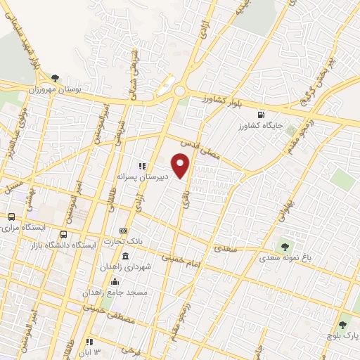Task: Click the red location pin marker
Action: tap(181, 166)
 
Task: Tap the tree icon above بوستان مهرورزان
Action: tap(56, 79)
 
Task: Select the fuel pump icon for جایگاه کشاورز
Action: tap(262, 115)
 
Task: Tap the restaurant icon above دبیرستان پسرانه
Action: tap(142, 167)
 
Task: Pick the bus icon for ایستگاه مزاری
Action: tap(11, 217)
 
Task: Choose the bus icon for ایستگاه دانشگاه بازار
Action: tap(64, 234)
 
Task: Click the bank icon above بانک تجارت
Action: tap(124, 231)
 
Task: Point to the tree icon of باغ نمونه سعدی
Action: tap(285, 247)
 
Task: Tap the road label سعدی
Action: tap(226, 250)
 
